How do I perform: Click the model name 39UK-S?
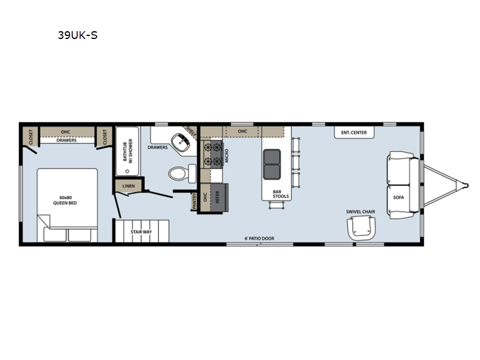click(x=78, y=35)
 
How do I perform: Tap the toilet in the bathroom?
click(x=182, y=173)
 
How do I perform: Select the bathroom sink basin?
click(x=181, y=142)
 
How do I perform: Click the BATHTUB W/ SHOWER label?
click(x=128, y=151)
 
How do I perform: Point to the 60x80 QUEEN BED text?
click(x=65, y=200)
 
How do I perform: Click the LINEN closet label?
click(x=128, y=186)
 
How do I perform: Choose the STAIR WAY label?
click(x=141, y=232)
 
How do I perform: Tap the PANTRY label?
click(x=194, y=201)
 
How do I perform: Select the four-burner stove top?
click(x=212, y=155)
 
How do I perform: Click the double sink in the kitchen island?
click(x=272, y=164)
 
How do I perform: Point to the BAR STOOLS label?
click(x=281, y=194)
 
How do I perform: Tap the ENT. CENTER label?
click(x=354, y=133)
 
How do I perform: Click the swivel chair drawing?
click(x=361, y=228)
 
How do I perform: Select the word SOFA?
click(x=398, y=197)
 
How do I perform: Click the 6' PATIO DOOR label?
click(x=259, y=238)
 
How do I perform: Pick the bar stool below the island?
click(x=277, y=205)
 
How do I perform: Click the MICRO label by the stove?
click(x=227, y=155)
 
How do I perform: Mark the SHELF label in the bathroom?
click(x=191, y=131)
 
